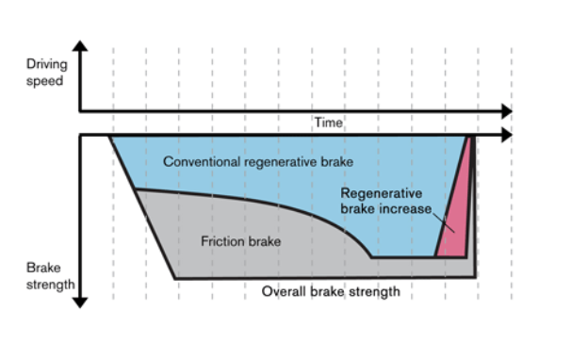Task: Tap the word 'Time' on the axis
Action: [x=329, y=123]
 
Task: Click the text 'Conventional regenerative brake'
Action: [x=257, y=162]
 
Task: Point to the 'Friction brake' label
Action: [x=241, y=241]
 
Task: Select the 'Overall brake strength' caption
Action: [x=330, y=291]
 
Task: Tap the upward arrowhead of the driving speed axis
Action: [x=80, y=45]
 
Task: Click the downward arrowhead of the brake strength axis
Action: [x=80, y=302]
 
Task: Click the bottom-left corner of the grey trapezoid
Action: [x=174, y=277]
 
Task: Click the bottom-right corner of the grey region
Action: [x=475, y=277]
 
